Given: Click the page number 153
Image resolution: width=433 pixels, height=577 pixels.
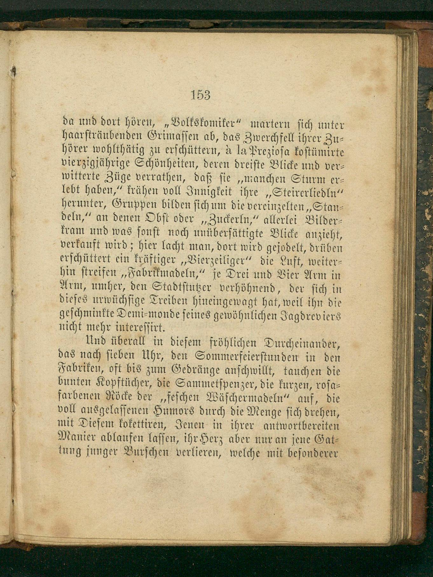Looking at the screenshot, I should tap(201, 95).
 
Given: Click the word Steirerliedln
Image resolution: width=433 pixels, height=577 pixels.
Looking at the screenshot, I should tap(307, 191).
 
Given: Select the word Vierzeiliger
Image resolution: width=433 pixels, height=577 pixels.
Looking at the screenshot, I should tap(216, 260).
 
